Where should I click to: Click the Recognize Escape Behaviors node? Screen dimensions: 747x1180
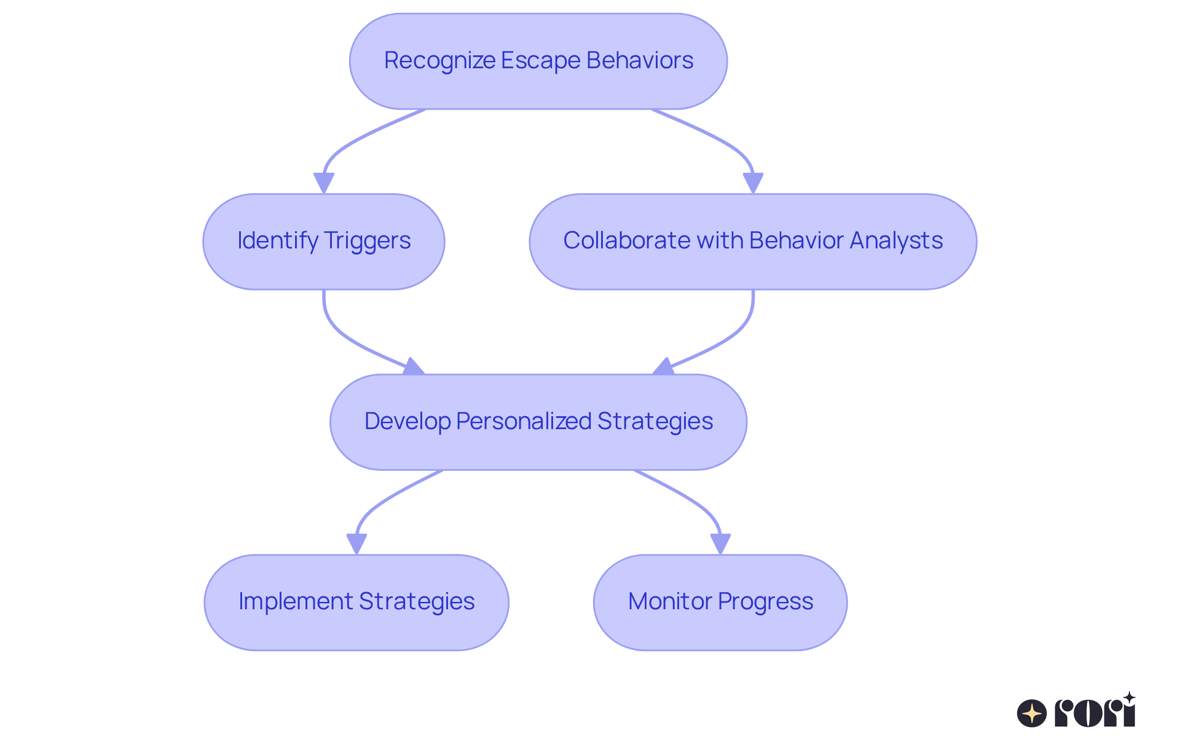click(538, 61)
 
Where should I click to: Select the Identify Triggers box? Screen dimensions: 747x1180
click(324, 242)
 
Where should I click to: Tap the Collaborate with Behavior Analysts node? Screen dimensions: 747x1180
click(753, 242)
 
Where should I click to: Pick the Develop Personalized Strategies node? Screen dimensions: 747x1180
click(538, 422)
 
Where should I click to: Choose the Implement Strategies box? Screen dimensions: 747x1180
click(356, 603)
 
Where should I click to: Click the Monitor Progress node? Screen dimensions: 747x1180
click(720, 603)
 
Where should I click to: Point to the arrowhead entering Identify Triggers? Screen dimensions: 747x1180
click(324, 183)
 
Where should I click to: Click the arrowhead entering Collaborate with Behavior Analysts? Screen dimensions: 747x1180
click(753, 183)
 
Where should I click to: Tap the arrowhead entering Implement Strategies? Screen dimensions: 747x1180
click(356, 543)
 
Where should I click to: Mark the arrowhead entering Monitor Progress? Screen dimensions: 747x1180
click(720, 543)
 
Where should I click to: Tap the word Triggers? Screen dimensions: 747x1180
click(367, 241)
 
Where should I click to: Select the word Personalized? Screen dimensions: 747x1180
click(524, 422)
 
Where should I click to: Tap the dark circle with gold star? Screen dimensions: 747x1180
click(1032, 714)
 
